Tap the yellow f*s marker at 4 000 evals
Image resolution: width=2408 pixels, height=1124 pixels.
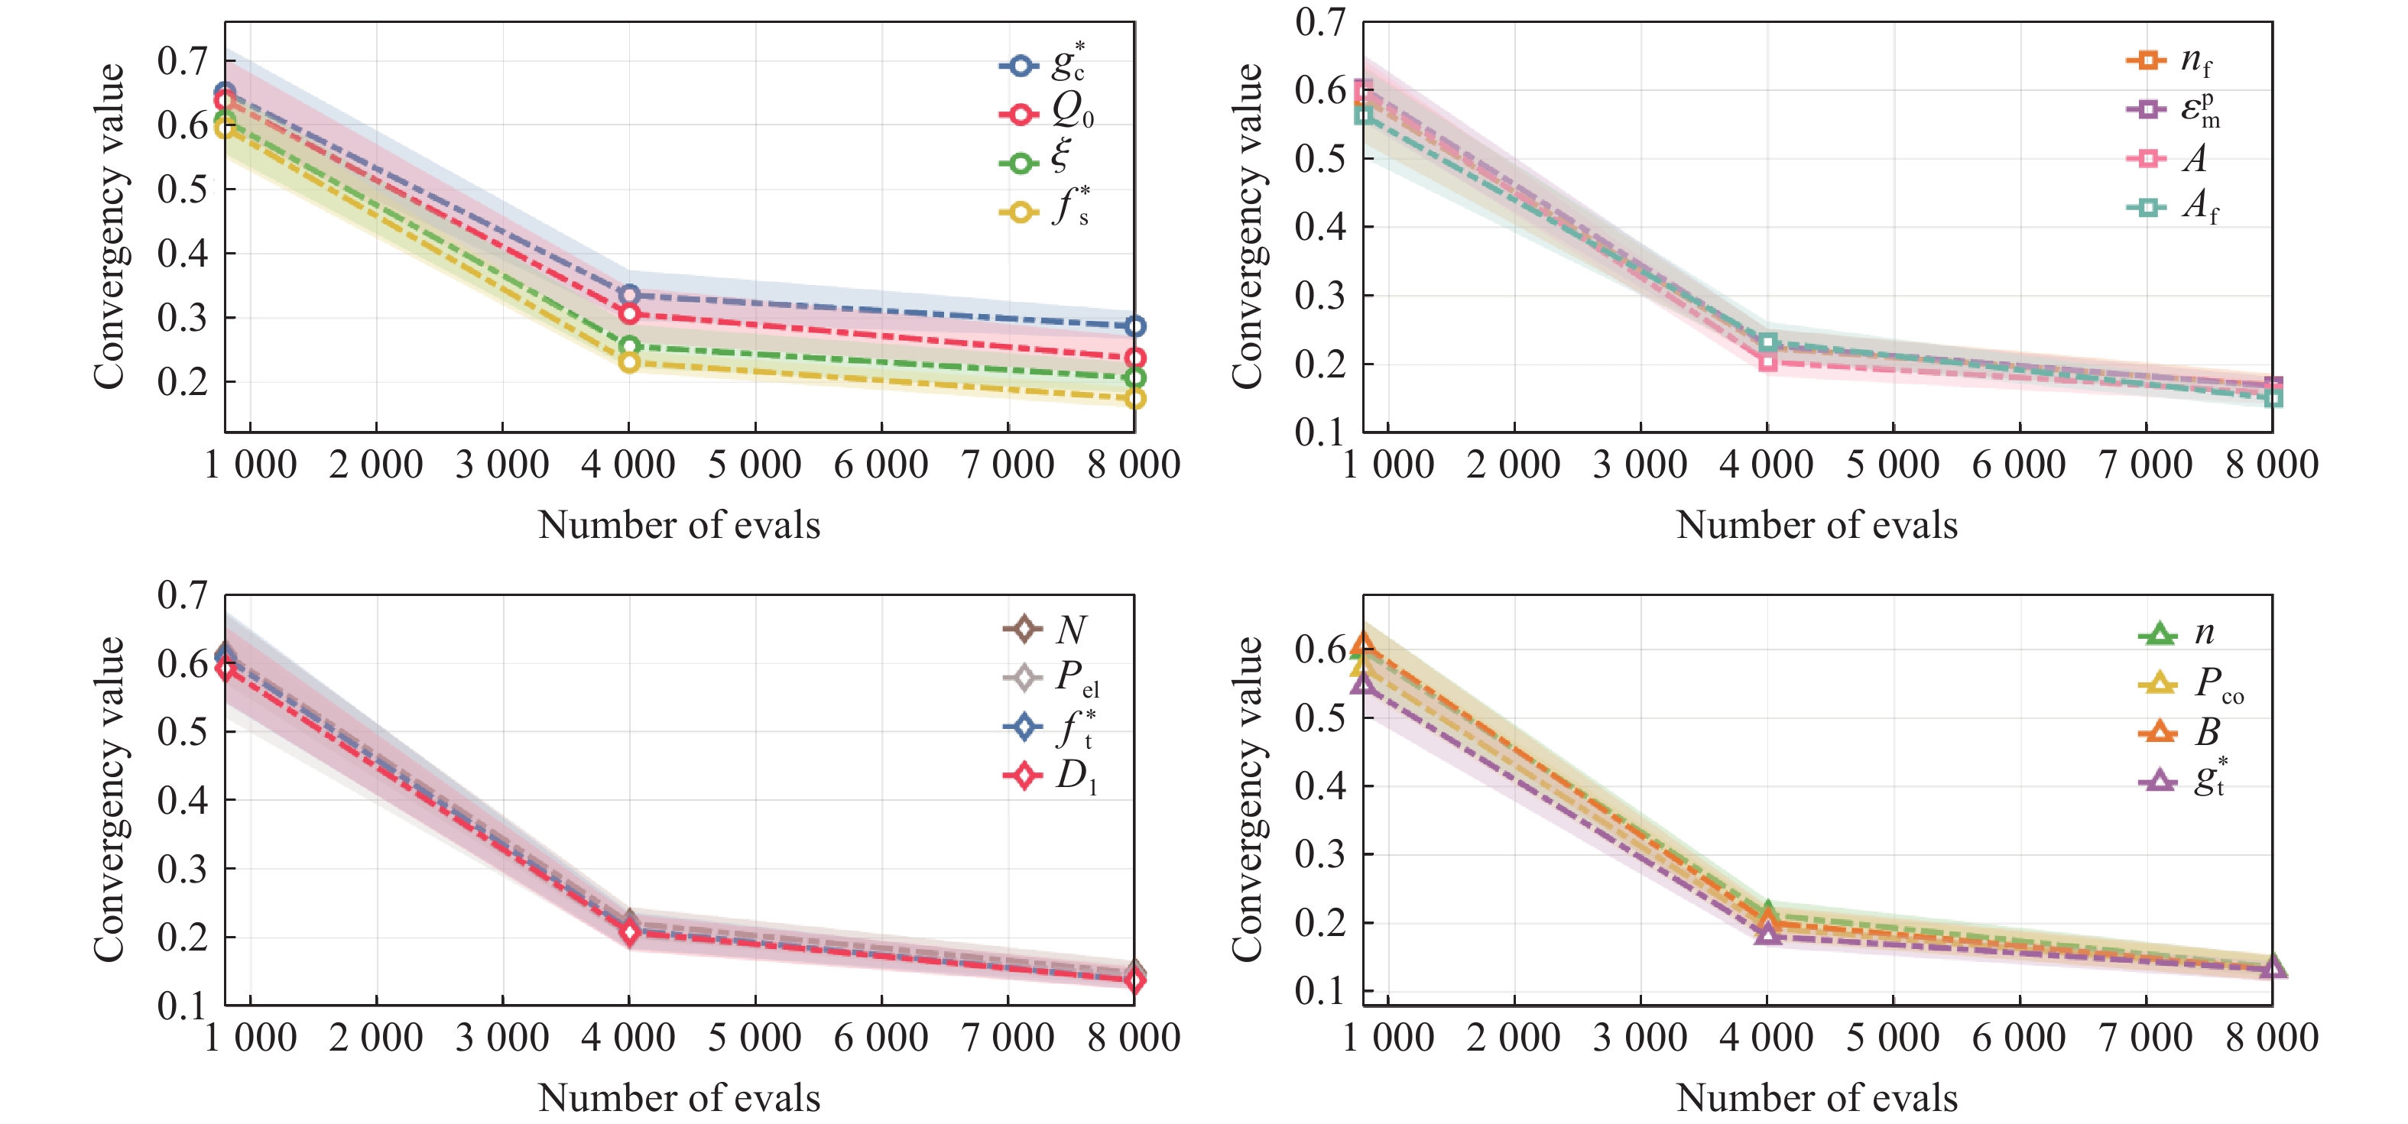pyautogui.click(x=629, y=361)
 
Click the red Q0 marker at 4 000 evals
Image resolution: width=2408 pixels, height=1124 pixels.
pyautogui.click(x=629, y=314)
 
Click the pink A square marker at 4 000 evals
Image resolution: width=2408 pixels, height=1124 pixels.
pyautogui.click(x=1767, y=361)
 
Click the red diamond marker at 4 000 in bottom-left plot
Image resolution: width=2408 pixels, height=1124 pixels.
pyautogui.click(x=629, y=932)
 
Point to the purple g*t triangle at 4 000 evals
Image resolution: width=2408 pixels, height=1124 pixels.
pyautogui.click(x=1767, y=934)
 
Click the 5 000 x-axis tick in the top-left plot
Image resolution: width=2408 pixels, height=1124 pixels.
pyautogui.click(x=755, y=465)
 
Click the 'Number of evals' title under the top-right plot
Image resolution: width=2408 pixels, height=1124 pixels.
pyautogui.click(x=1816, y=525)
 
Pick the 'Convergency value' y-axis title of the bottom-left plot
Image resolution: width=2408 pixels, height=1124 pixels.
pyautogui.click(x=110, y=798)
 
